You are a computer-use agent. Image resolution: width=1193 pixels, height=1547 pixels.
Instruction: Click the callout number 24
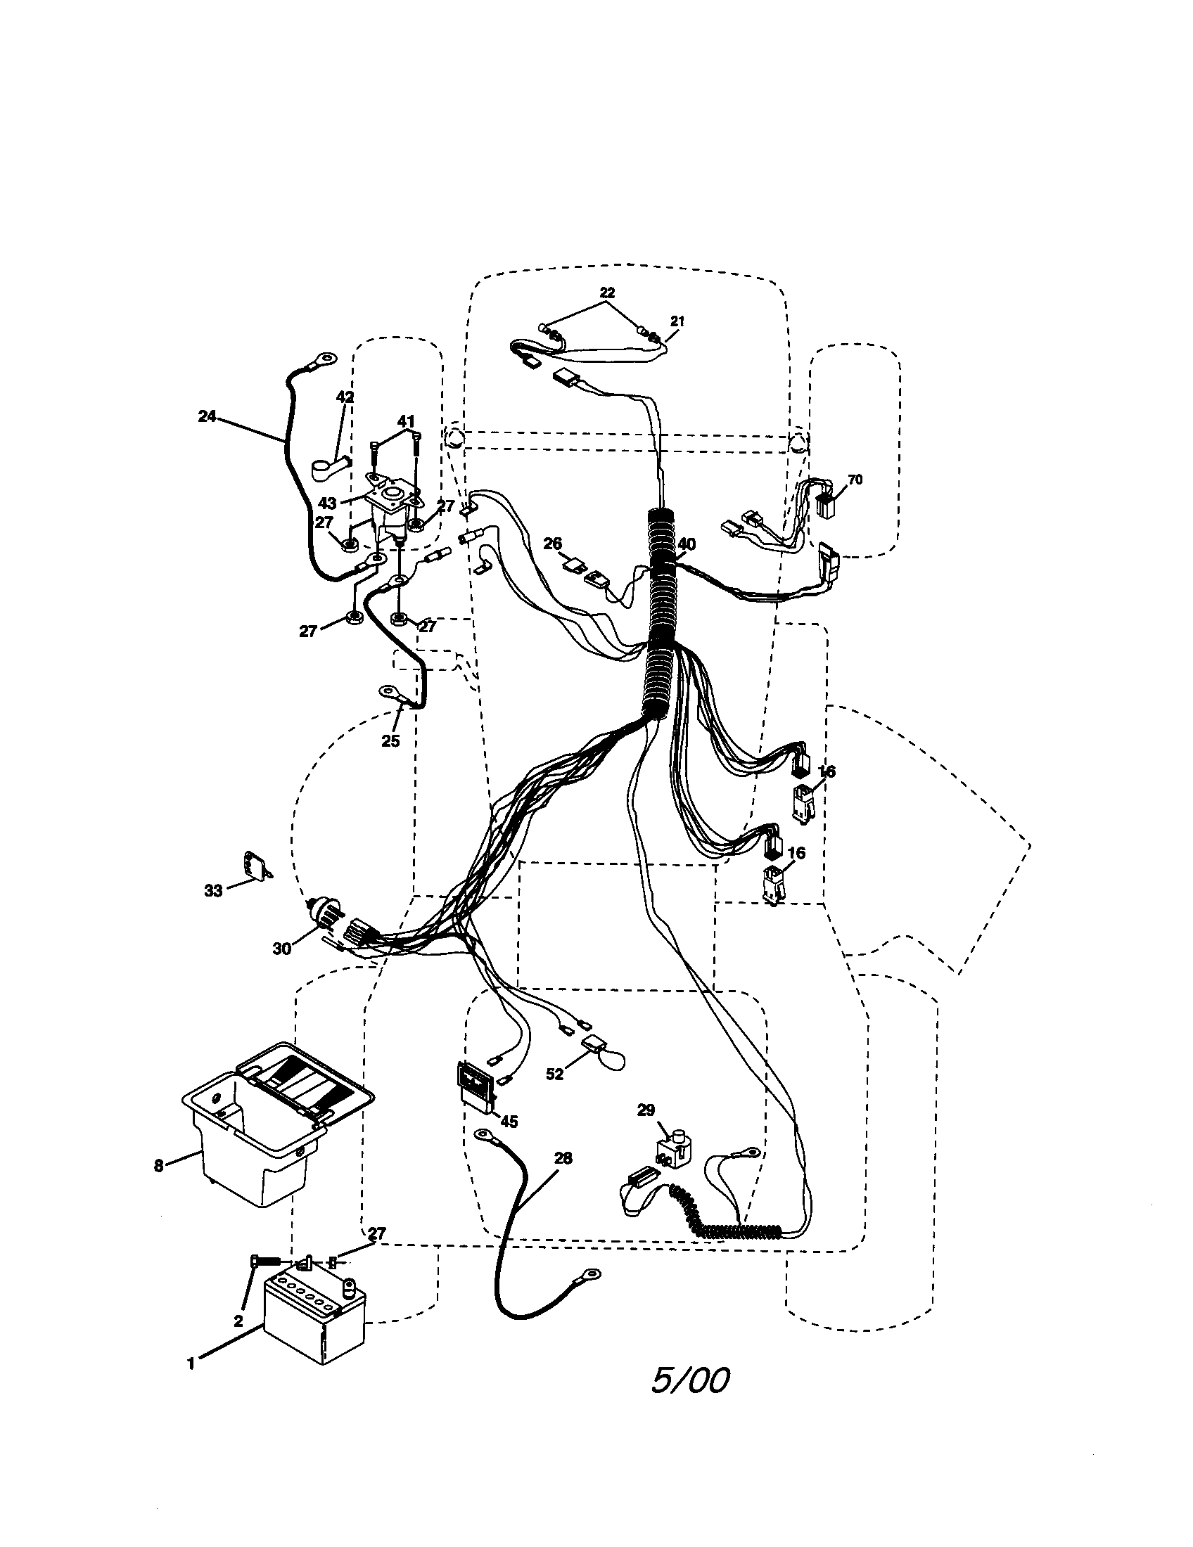click(206, 416)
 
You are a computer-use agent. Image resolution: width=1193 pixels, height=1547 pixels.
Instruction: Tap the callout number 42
click(344, 397)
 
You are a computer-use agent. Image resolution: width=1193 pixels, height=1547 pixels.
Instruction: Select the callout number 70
click(855, 480)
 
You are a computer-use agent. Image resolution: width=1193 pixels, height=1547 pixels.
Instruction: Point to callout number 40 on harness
click(686, 544)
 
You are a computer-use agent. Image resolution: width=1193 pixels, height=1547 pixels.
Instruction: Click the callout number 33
click(213, 891)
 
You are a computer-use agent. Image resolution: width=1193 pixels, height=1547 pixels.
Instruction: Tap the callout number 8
click(159, 1165)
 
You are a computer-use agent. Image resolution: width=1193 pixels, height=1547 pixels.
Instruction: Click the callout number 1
click(191, 1362)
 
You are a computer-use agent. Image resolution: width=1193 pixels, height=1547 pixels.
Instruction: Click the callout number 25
click(390, 742)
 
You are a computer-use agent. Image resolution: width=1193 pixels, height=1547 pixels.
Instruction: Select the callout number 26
click(553, 544)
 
